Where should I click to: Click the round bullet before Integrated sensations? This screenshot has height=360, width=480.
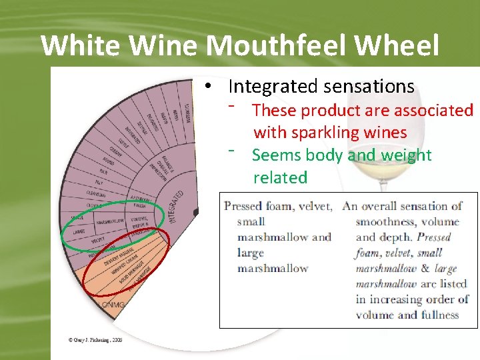pyautogui.click(x=209, y=86)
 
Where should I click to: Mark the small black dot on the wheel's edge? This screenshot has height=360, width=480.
pyautogui.click(x=196, y=213)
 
